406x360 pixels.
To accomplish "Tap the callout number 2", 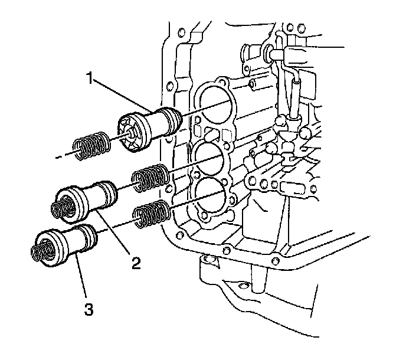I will (x=136, y=263).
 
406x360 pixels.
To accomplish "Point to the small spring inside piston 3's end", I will (x=40, y=252).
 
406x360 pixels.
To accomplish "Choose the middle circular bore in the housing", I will (x=211, y=157).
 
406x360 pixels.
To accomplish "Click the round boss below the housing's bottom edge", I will (x=208, y=260).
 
